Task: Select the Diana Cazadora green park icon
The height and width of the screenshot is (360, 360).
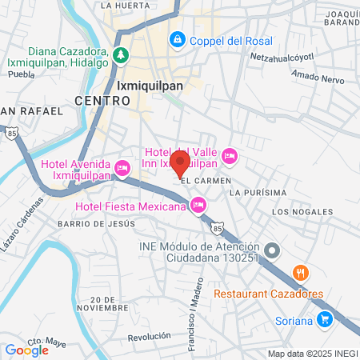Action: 120,55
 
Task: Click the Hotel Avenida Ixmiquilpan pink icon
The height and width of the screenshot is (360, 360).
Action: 122,168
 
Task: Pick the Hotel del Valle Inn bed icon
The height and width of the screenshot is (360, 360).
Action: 230,155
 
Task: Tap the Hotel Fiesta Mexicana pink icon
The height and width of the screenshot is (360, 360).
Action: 198,207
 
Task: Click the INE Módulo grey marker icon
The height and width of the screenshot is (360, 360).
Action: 272,251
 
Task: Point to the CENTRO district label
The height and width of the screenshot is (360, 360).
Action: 102,101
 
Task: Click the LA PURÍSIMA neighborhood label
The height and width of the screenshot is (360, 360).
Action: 257,193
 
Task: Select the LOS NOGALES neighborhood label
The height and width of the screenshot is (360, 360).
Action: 302,211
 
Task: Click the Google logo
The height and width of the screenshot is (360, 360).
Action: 26,350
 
